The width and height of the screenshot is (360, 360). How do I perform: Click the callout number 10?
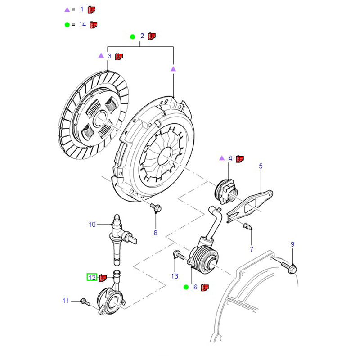point(92,224)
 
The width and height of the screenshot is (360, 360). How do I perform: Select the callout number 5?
point(261,166)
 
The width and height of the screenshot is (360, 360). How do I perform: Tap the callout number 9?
point(292,244)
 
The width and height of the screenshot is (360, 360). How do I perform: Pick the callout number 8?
point(156,233)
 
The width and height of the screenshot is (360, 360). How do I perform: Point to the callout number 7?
point(251,249)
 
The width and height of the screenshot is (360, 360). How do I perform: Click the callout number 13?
point(175,276)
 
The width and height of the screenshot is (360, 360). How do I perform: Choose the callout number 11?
point(66,301)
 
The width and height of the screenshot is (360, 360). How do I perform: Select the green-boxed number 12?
point(92,277)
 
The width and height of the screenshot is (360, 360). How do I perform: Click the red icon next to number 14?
point(94,24)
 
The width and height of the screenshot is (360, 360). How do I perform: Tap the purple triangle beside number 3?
point(101,56)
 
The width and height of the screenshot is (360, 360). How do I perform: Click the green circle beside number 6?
point(185,287)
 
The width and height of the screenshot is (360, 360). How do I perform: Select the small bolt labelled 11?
point(83,301)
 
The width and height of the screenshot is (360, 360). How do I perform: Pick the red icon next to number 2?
point(152,36)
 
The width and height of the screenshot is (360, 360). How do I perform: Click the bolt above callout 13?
point(177,256)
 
